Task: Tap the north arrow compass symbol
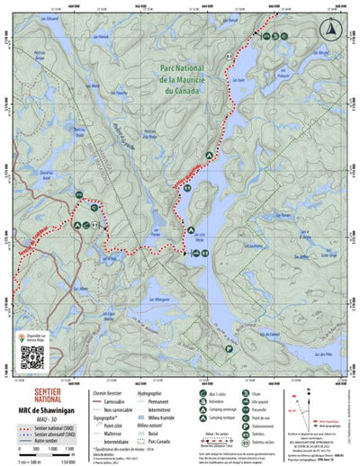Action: tap(334, 28)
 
